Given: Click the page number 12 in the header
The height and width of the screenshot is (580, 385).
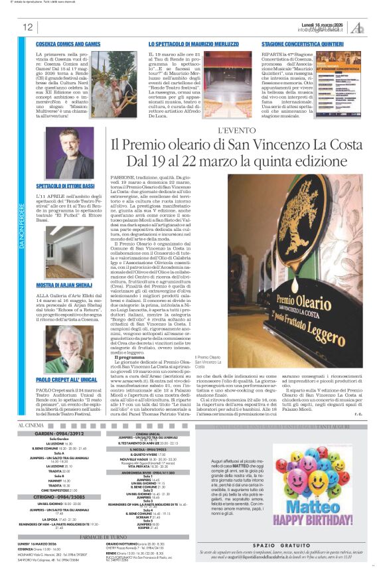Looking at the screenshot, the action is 27,27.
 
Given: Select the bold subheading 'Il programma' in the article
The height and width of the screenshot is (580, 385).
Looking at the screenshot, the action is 131,356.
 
